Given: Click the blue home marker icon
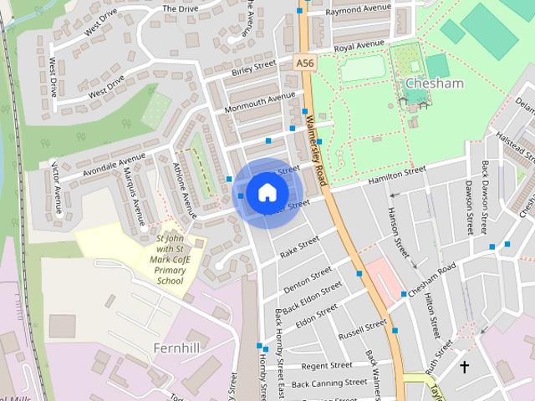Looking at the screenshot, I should tap(267, 192).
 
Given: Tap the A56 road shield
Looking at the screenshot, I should tap(304, 62).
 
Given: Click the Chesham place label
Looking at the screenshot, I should tap(433, 84).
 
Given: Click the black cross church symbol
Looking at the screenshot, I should tap(465, 366).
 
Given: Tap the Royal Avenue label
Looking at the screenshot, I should tap(359, 45).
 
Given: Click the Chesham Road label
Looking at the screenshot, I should tap(432, 278).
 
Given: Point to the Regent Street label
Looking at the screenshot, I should tap(327, 365).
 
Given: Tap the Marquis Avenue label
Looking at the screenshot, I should tap(135, 195).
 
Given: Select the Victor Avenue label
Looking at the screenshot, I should tap(56, 187).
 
